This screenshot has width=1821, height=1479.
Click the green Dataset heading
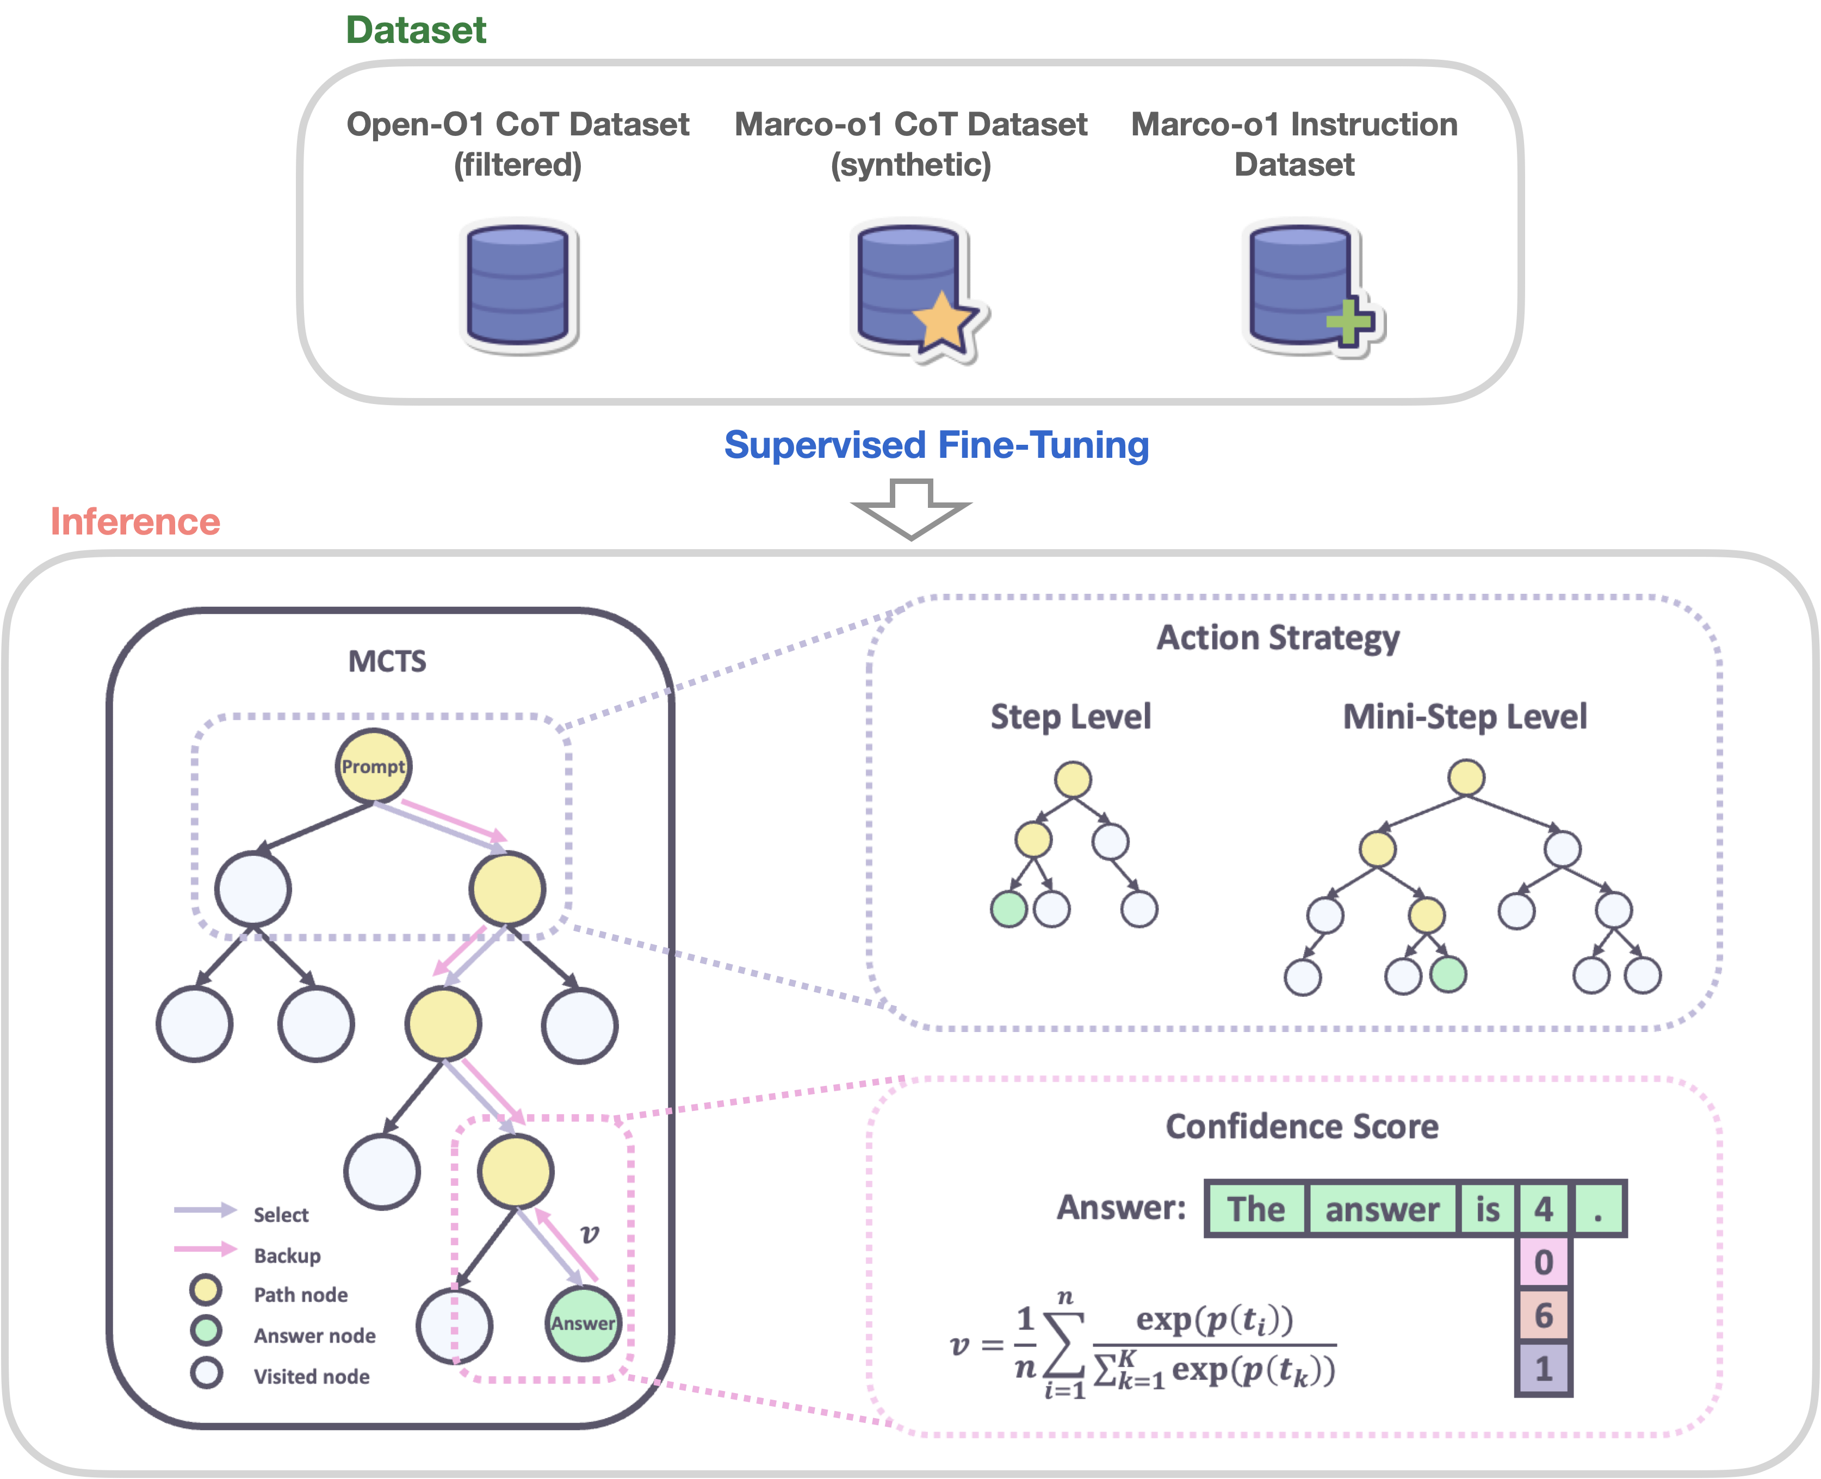pos(416,30)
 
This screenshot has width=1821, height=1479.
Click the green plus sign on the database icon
pos(1349,322)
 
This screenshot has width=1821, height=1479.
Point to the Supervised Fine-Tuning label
pos(936,445)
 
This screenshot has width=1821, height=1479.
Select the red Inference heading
pos(135,521)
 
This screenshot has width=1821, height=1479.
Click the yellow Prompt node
pos(373,766)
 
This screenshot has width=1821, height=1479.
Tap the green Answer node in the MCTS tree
pos(583,1323)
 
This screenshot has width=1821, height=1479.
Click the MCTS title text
pos(387,661)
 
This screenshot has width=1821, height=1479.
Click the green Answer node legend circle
pos(206,1331)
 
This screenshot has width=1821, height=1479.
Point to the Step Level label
pos(1070,717)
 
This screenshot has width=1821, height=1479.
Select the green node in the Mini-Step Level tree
pos(1448,974)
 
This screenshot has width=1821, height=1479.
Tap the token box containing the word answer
pos(1382,1209)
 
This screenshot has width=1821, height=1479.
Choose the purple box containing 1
pos(1543,1368)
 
